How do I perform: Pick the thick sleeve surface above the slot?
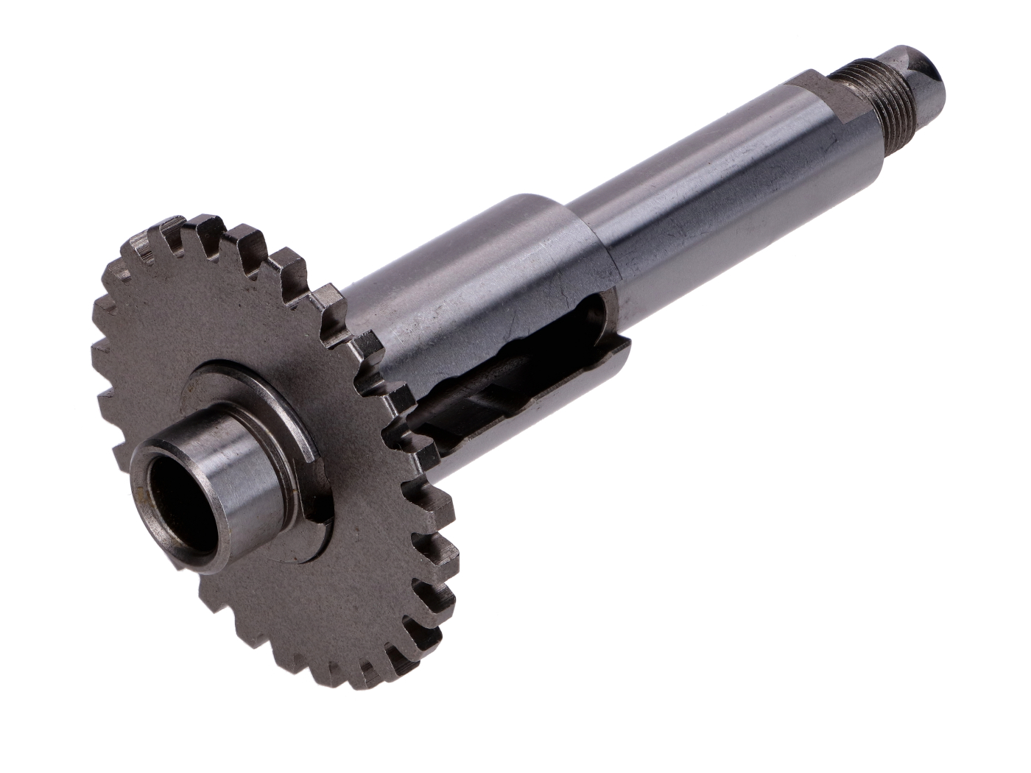click(x=471, y=294)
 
